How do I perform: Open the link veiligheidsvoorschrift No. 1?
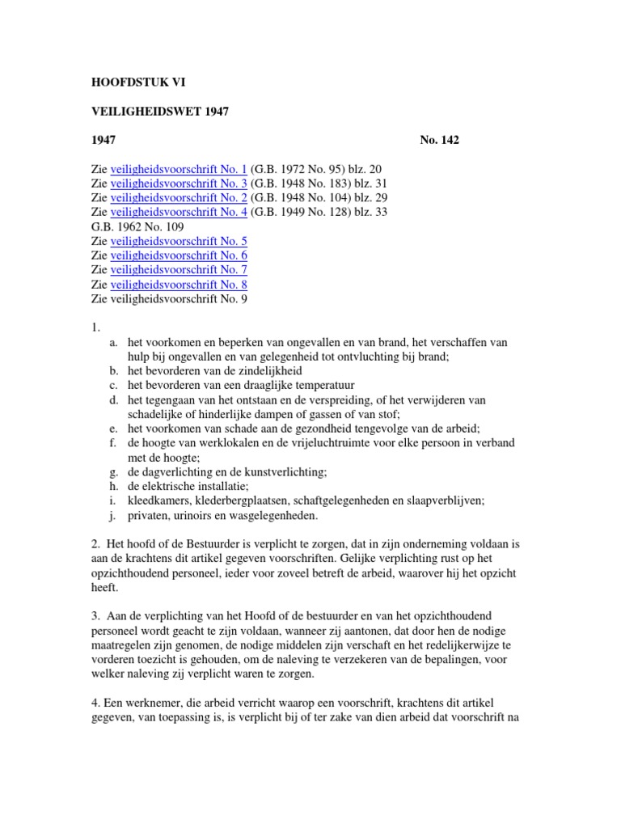point(179,169)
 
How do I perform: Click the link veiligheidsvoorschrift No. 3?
point(179,184)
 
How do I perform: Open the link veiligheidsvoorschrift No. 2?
point(179,198)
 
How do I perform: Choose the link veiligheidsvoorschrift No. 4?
point(179,213)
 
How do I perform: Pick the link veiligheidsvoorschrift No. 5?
point(179,242)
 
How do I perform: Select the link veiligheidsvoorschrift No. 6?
point(179,256)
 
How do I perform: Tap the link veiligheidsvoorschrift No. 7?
point(179,270)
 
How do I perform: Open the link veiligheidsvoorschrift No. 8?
point(179,285)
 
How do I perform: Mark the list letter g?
point(113,472)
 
